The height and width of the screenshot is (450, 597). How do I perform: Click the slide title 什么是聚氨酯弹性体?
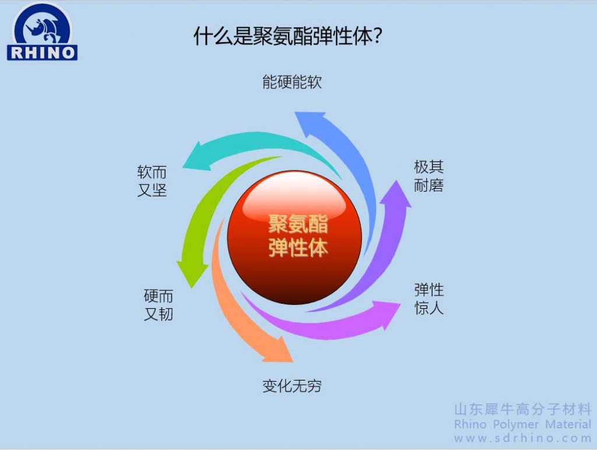point(288,37)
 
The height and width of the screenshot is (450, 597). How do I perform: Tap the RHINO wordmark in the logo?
point(42,52)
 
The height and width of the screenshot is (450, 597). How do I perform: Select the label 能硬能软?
point(292,82)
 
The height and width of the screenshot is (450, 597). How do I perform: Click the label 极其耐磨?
point(429,176)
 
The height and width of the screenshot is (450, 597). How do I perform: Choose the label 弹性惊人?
point(429,299)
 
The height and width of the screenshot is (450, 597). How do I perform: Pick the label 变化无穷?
point(292,386)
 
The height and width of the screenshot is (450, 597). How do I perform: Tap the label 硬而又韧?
point(159,305)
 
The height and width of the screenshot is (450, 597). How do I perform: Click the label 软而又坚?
point(152,181)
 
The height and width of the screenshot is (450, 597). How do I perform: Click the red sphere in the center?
point(294,237)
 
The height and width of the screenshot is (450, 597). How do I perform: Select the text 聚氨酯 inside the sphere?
point(298,223)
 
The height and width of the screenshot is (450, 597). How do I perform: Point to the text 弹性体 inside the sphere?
point(298,248)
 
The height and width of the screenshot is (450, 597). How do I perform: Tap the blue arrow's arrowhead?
point(310,122)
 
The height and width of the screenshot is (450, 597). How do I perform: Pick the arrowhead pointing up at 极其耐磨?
point(396,194)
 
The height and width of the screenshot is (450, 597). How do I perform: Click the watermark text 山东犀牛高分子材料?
point(523,409)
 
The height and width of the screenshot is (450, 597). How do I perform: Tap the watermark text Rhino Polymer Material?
point(522,424)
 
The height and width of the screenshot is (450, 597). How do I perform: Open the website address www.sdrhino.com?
point(522,438)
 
